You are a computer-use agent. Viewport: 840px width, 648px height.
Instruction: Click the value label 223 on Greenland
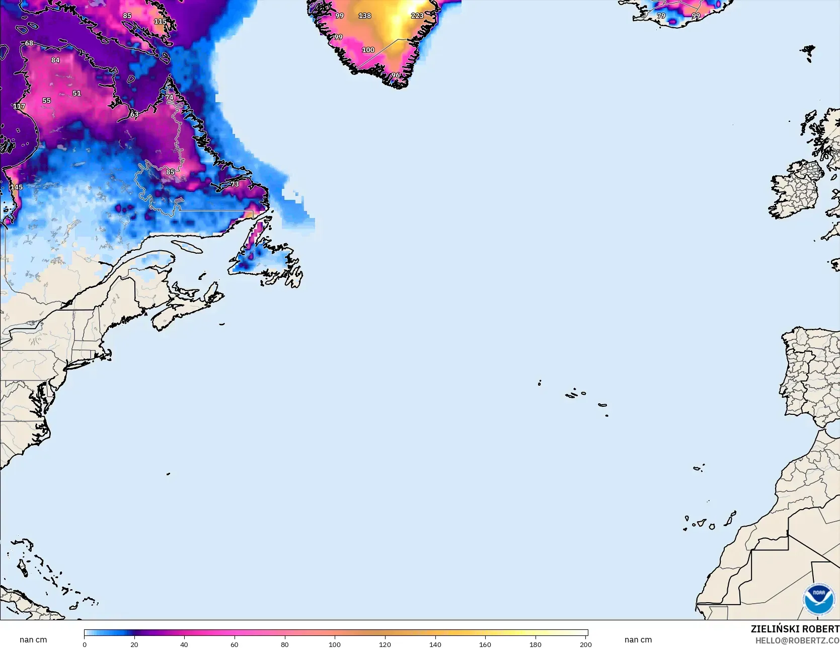tap(417, 16)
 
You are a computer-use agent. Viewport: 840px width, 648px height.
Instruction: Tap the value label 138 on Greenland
tap(364, 16)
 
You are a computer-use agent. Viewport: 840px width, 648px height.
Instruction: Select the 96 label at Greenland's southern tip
tap(396, 76)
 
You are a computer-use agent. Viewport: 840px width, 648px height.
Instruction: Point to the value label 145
tap(17, 187)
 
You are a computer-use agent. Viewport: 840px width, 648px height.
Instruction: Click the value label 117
tap(19, 106)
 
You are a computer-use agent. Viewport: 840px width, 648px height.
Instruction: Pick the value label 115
tap(160, 21)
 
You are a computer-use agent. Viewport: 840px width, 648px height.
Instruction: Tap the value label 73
tap(235, 184)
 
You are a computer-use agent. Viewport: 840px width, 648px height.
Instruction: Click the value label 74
tap(169, 98)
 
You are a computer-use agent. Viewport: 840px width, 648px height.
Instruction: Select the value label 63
tap(134, 114)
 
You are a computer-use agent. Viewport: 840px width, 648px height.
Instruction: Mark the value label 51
tap(77, 93)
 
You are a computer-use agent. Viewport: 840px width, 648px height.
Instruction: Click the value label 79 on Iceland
tap(661, 16)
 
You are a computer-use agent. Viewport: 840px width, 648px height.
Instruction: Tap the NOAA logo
tap(818, 599)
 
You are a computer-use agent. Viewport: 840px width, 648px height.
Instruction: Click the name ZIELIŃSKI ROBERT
tap(795, 629)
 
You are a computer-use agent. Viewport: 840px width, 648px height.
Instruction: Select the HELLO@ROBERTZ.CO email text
tap(797, 640)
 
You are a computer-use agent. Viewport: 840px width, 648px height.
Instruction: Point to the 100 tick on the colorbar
tap(335, 644)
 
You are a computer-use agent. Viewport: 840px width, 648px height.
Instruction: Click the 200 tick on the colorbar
tap(585, 644)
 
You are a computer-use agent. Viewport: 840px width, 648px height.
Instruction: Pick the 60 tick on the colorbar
tap(235, 644)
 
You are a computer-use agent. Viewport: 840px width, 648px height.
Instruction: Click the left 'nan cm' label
tap(33, 639)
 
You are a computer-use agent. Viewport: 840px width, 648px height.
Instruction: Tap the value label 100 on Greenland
tap(368, 50)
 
